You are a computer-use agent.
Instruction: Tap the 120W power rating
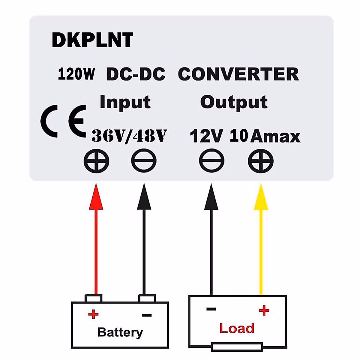coord(76,74)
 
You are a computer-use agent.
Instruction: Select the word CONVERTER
coord(238,74)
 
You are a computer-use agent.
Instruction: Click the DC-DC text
coord(136,74)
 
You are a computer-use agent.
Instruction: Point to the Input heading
coord(125,102)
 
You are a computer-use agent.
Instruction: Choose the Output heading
coord(234,102)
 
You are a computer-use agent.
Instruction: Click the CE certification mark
coord(64,121)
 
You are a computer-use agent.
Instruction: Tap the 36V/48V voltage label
coord(129,136)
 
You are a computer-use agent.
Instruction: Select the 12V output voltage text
coord(206,136)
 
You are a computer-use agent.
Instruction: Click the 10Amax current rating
coord(265,136)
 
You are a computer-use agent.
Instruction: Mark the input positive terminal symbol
coord(96,161)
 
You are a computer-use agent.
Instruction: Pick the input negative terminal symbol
coord(144,161)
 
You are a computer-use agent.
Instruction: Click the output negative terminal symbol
coord(211,161)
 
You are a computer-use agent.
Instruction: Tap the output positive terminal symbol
coord(261,161)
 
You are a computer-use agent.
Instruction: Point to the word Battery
coord(120,332)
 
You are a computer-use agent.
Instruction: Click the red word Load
coord(237,328)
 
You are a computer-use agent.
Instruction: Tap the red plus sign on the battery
coord(93,314)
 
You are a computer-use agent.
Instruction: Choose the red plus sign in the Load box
coord(264,310)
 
